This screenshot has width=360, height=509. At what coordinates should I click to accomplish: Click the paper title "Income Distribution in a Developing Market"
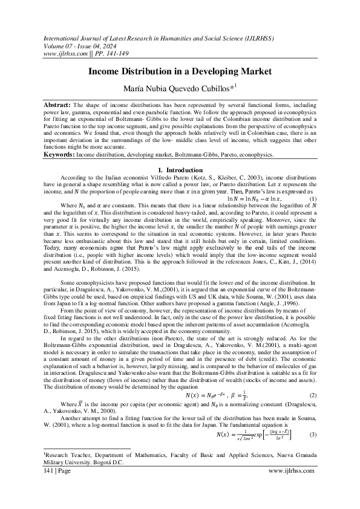tap(179, 71)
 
